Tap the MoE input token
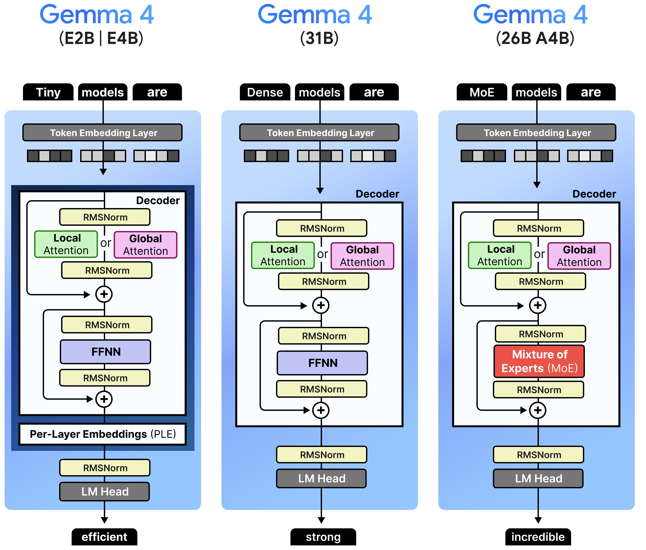coord(482,92)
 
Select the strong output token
coord(323,537)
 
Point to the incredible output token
coord(538,537)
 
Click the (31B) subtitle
coord(319,38)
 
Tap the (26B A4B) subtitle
coord(535,38)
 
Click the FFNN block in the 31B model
coord(322,363)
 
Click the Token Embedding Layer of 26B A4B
coord(536,133)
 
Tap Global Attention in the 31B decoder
coord(362,256)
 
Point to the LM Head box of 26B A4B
coord(538,478)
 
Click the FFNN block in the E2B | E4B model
coord(106,352)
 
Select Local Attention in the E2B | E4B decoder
coord(66,244)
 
